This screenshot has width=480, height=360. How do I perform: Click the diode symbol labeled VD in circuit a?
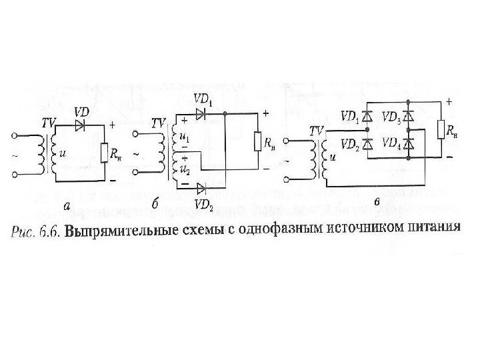click(81, 124)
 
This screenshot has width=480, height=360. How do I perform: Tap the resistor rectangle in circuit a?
click(105, 153)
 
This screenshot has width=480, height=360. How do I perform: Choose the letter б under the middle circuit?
click(155, 206)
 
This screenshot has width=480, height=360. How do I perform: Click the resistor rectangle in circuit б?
click(257, 141)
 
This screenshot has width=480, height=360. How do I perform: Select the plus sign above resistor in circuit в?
click(447, 101)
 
